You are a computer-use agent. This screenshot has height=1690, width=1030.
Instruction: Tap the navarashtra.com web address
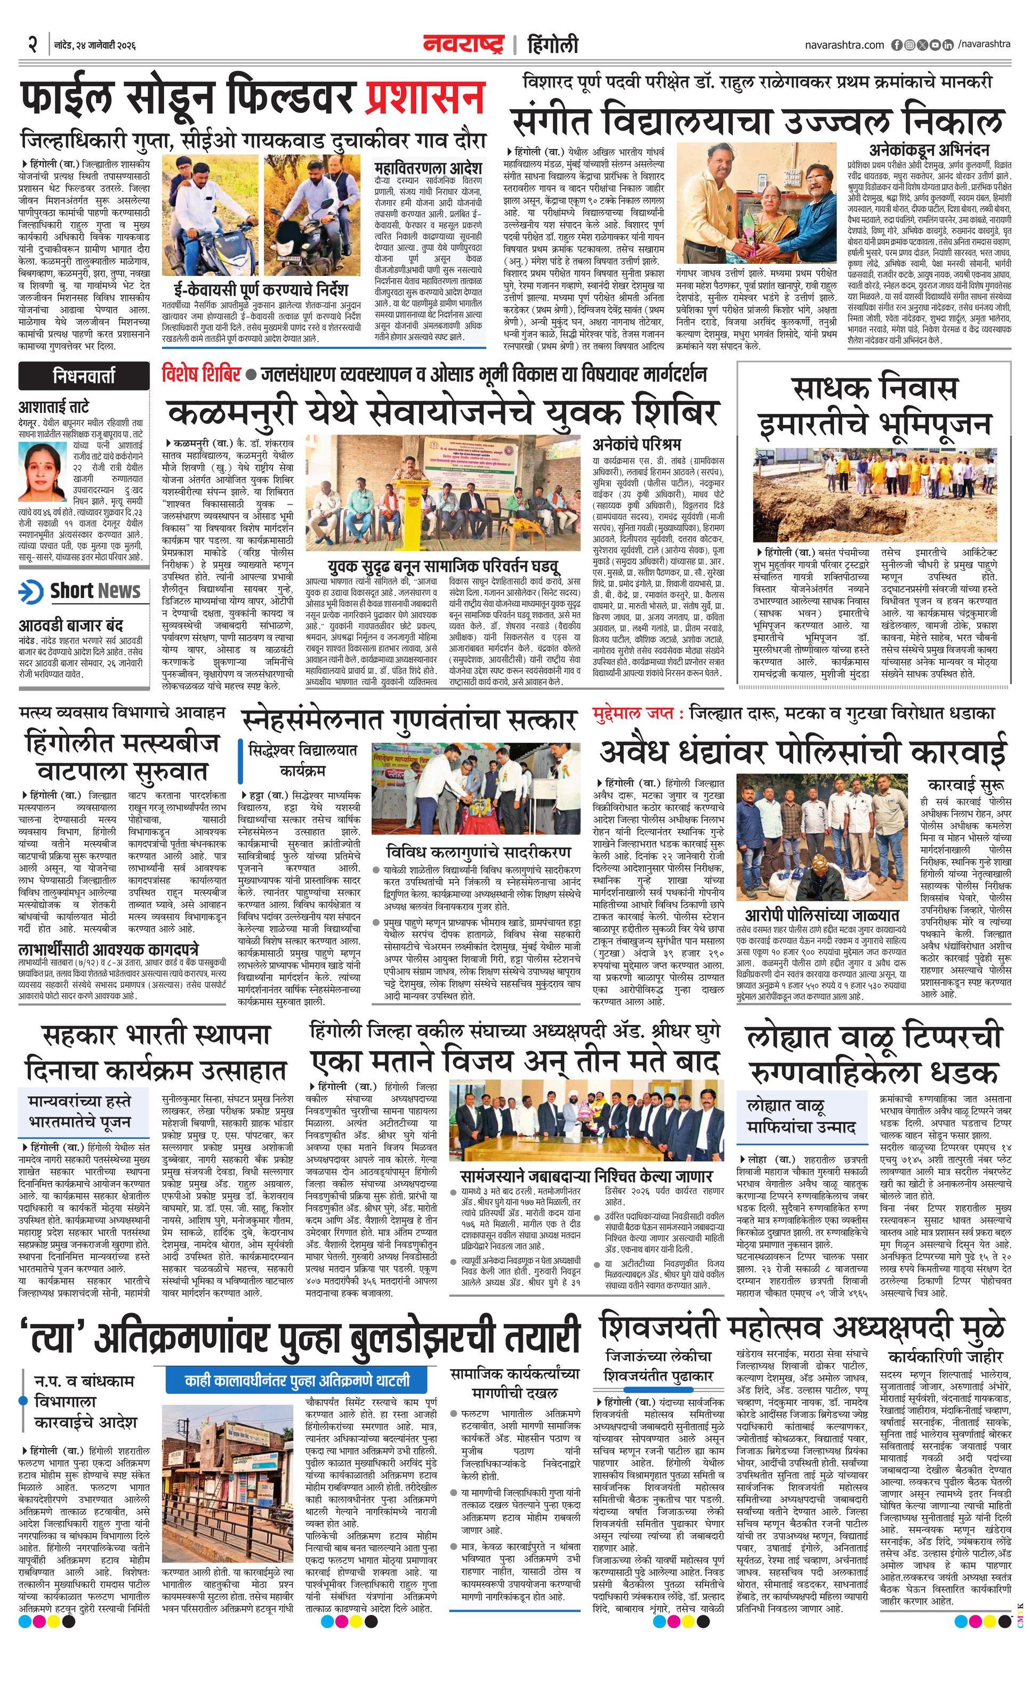[844, 45]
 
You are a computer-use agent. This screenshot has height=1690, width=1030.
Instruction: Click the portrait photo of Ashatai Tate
[41, 465]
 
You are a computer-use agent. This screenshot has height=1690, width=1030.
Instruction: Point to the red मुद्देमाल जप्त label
[638, 713]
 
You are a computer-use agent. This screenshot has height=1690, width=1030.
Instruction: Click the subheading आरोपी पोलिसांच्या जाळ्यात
[822, 914]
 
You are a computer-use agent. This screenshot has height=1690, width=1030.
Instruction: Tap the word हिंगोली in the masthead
[553, 45]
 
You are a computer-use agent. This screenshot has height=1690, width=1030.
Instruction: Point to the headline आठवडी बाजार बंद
[71, 625]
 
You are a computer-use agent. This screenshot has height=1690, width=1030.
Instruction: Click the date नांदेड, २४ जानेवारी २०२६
[95, 45]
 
